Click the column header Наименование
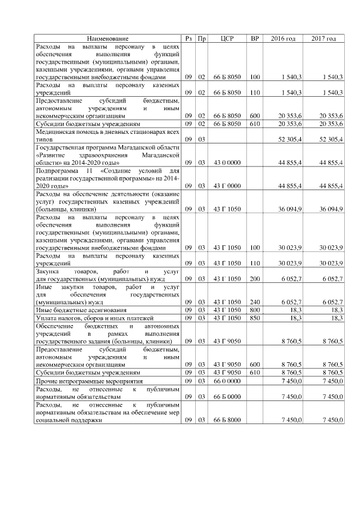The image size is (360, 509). (107, 38)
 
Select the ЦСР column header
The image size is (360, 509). (227, 38)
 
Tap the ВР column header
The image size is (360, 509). (255, 38)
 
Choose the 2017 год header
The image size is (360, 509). (323, 38)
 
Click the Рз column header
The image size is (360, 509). (188, 38)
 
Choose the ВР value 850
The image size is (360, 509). (255, 318)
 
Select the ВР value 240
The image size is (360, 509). (255, 301)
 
